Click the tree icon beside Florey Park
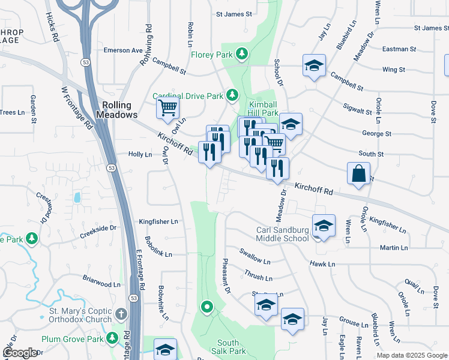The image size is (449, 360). click(x=241, y=55)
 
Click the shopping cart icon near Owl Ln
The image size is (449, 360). click(x=167, y=108)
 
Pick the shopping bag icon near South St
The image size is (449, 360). click(x=358, y=173)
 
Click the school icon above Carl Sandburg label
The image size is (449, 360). click(x=323, y=226)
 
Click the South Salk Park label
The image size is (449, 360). click(x=228, y=347)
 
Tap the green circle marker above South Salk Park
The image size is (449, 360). click(x=207, y=308)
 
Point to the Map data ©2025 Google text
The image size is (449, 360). click(x=412, y=355)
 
